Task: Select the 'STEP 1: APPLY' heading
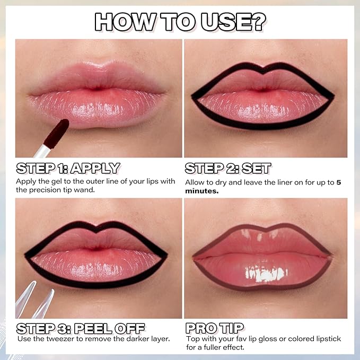[x=68, y=169]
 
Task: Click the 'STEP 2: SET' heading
[x=228, y=169]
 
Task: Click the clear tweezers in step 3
[x=34, y=302]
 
